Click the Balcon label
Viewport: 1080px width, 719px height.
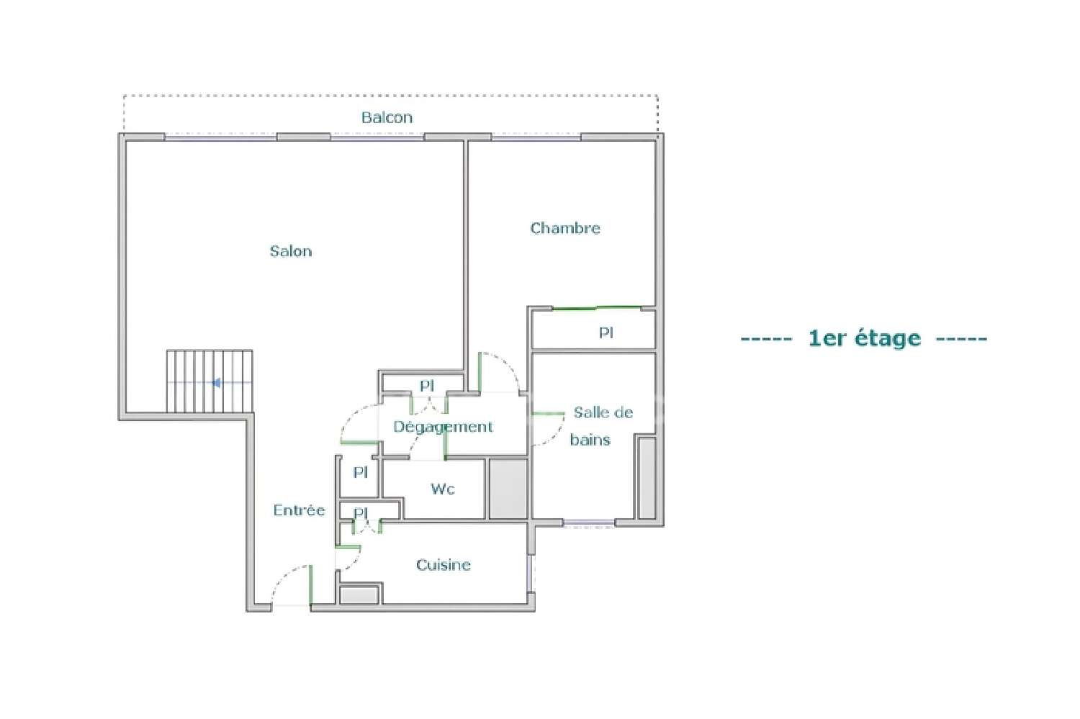click(387, 117)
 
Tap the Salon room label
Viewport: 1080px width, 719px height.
click(291, 251)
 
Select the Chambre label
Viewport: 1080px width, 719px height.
click(565, 228)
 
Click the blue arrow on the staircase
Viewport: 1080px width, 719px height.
click(215, 383)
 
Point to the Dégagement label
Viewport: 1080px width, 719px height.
click(443, 427)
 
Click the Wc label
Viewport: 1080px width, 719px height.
click(443, 489)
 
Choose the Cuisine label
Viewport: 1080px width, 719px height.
click(444, 565)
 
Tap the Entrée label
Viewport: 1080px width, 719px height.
click(299, 510)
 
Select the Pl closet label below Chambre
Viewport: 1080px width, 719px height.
click(606, 333)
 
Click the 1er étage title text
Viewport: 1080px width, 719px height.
click(864, 338)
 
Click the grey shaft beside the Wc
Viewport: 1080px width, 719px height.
click(508, 489)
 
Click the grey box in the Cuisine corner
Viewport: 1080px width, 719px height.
click(359, 595)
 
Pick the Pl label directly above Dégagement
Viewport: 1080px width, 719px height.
click(427, 386)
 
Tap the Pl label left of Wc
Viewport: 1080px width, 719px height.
click(361, 473)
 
